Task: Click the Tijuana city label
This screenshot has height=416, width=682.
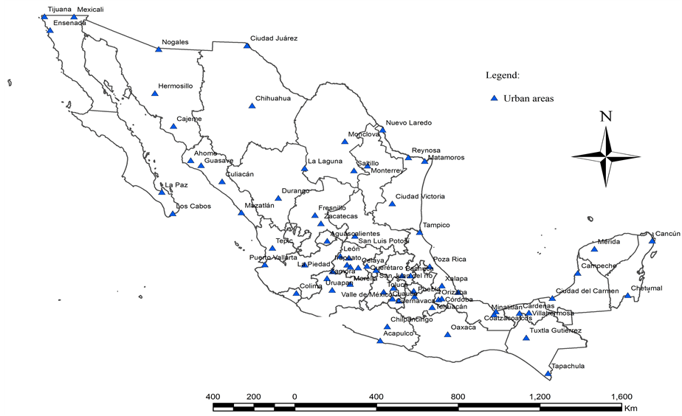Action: [60, 10]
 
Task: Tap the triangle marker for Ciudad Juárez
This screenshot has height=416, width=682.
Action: [247, 46]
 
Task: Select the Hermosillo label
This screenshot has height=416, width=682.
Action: [176, 86]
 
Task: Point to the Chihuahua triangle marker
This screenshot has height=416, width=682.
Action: [251, 106]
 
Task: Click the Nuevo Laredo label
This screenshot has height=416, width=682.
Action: [409, 122]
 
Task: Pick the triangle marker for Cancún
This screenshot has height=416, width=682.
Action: [652, 240]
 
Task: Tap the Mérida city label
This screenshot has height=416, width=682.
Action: [609, 241]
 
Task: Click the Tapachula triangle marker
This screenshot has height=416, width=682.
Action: [548, 373]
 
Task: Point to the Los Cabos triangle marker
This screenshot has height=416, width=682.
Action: [173, 214]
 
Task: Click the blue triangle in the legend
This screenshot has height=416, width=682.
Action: [495, 97]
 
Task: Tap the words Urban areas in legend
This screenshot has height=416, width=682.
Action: [528, 97]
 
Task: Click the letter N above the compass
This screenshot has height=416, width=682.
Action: [606, 116]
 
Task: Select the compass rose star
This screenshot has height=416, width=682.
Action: [606, 156]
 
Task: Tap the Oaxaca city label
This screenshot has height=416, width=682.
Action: [463, 327]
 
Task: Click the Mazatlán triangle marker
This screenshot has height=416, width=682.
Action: [241, 213]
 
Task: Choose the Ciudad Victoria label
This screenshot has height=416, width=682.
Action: [420, 196]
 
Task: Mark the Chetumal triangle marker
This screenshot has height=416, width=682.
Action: [627, 296]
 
